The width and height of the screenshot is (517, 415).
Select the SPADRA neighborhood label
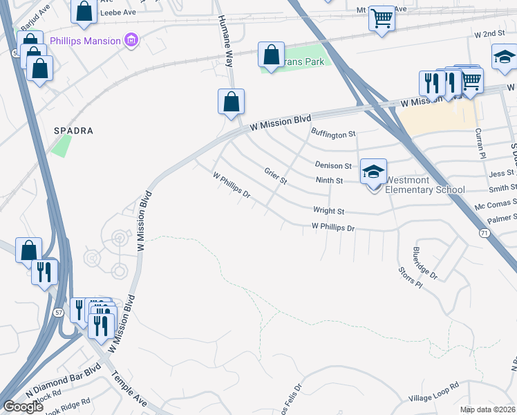[73, 130]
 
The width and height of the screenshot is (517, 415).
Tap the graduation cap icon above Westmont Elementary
[373, 170]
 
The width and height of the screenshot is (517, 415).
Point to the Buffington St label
[332, 133]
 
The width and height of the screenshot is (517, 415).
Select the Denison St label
[333, 165]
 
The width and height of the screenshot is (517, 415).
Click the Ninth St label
[329, 181]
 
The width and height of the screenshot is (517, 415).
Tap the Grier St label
[275, 176]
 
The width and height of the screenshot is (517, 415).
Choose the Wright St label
[328, 210]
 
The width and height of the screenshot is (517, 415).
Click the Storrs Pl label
[409, 275]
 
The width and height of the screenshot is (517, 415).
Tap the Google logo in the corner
[23, 407]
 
